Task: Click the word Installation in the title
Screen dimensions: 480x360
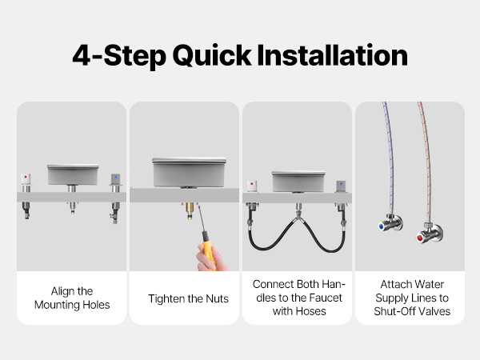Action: tap(332, 55)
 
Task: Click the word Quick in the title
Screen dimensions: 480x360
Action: tap(212, 55)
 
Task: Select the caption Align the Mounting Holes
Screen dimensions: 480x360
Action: tap(72, 298)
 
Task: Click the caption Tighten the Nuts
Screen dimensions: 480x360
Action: tap(188, 298)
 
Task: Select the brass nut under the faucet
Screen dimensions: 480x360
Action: tap(190, 210)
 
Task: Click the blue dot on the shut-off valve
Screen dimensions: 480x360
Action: tap(381, 226)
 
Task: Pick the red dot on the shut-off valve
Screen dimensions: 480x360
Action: tap(419, 238)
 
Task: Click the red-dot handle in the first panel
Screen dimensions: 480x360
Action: tap(26, 180)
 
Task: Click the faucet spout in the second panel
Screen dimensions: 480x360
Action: tap(189, 172)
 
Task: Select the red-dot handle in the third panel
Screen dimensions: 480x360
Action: tap(252, 186)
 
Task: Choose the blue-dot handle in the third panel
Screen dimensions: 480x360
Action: tap(342, 186)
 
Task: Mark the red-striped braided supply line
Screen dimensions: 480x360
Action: tap(426, 162)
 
